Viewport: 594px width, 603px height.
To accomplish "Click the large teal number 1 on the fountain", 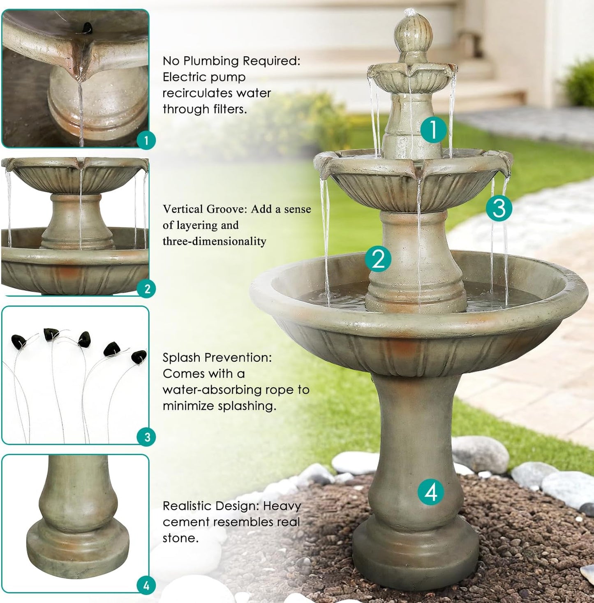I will [433, 129].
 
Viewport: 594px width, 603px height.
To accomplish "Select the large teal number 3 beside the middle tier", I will [499, 208].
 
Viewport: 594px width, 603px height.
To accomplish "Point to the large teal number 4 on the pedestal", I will [430, 492].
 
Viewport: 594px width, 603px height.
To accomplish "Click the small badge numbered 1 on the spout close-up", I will [146, 141].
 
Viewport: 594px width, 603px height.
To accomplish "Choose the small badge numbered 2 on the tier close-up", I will [147, 289].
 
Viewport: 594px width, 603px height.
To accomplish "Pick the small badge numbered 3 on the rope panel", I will [147, 437].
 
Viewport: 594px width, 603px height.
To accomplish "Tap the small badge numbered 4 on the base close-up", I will [146, 586].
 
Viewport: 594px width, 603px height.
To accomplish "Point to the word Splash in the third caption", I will [181, 358].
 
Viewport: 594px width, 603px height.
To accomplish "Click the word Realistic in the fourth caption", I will [190, 506].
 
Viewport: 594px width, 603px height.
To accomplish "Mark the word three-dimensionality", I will [214, 241].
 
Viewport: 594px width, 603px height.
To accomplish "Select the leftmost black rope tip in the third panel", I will [18, 340].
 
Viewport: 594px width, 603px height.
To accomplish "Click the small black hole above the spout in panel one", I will [87, 28].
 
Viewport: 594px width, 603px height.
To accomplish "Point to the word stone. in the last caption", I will [180, 538].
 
